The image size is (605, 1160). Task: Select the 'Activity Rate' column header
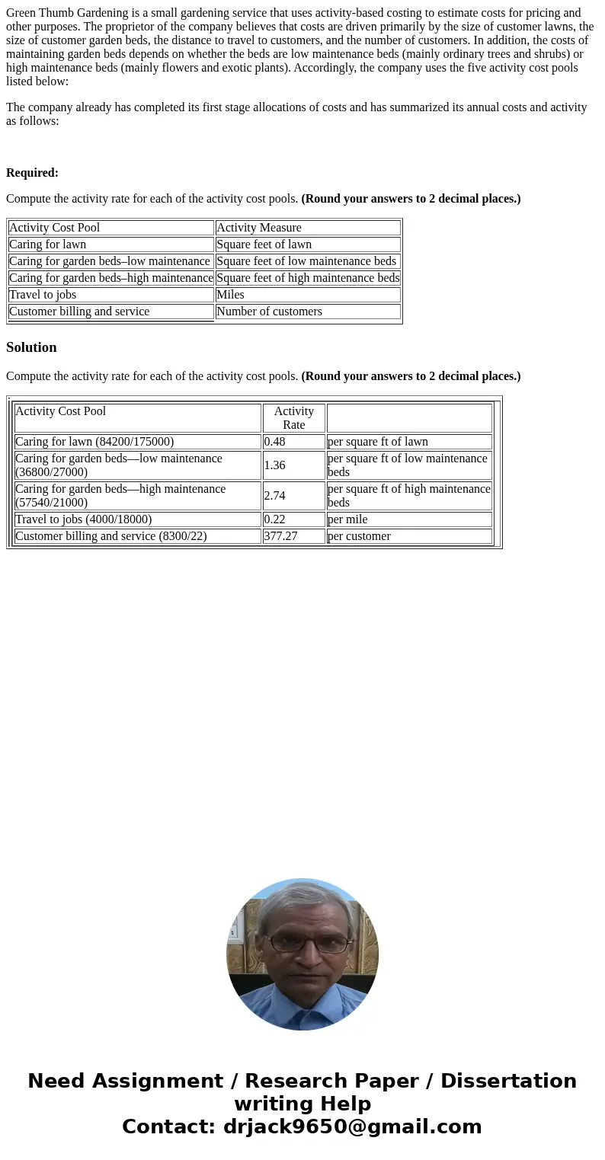(294, 418)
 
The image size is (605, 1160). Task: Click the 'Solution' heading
(31, 347)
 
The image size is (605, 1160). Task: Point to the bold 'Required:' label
(32, 173)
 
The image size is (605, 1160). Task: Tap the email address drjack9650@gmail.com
(353, 1127)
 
